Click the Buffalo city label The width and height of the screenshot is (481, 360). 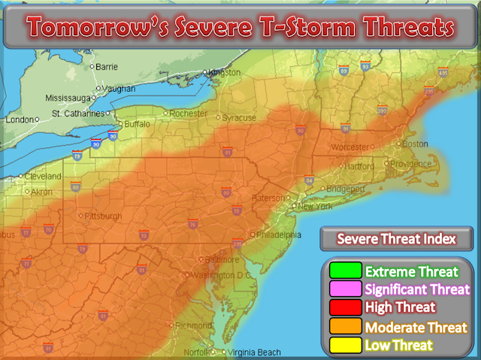(137, 124)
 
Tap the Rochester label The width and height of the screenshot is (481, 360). (189, 113)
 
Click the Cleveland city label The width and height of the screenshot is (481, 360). (43, 176)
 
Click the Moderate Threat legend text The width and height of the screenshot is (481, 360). (416, 327)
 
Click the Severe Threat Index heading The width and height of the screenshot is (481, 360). (395, 240)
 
